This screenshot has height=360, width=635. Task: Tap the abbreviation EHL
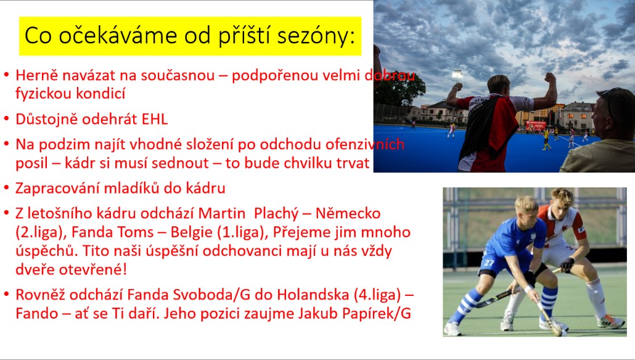tap(154, 119)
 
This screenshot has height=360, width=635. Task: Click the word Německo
tap(348, 213)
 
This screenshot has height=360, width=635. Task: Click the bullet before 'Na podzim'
tap(6, 144)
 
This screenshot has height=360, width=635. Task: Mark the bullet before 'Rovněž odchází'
tap(6, 295)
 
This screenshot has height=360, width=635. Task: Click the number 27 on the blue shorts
tap(490, 263)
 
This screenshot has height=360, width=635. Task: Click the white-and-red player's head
tap(560, 199)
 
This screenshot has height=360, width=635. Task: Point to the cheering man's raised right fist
tap(457, 87)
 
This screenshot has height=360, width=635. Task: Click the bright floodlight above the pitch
tap(457, 75)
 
